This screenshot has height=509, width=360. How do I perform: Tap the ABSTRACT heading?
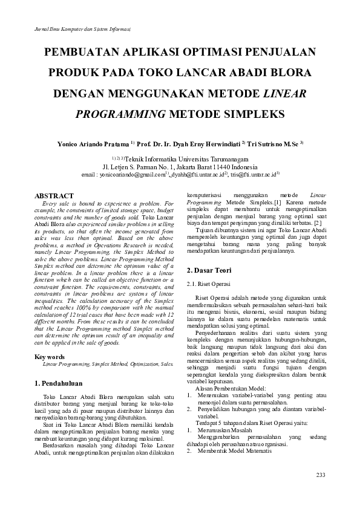[x=54, y=196]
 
